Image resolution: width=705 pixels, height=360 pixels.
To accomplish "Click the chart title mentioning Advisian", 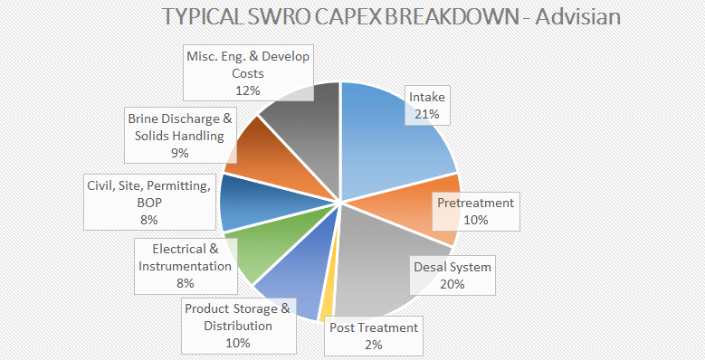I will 390,17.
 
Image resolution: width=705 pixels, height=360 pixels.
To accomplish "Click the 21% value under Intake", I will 427,114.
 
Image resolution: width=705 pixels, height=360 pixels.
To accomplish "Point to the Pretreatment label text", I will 475,203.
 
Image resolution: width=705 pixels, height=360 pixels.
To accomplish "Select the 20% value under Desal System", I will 452,284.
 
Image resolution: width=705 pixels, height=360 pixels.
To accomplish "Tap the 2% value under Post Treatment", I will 374,345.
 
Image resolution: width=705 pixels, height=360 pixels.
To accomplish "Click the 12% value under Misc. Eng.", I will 248,90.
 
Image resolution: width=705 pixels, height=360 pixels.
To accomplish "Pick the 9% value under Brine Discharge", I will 180,153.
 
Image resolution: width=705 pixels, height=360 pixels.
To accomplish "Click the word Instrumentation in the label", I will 184,266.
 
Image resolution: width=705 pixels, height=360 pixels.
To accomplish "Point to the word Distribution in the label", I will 238,326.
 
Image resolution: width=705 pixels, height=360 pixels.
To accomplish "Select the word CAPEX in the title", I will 343,17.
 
